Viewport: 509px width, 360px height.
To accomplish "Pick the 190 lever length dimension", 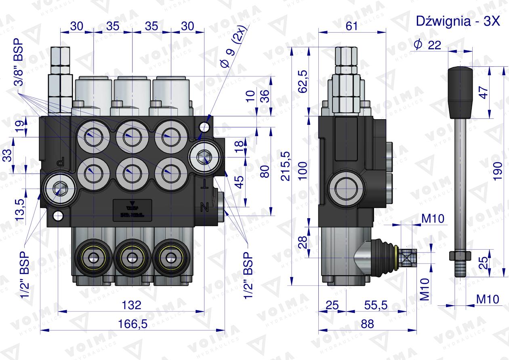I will coord(498,170).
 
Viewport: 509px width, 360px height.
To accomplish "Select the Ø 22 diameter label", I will coord(427,46).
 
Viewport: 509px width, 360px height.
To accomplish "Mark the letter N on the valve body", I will coord(204,208).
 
